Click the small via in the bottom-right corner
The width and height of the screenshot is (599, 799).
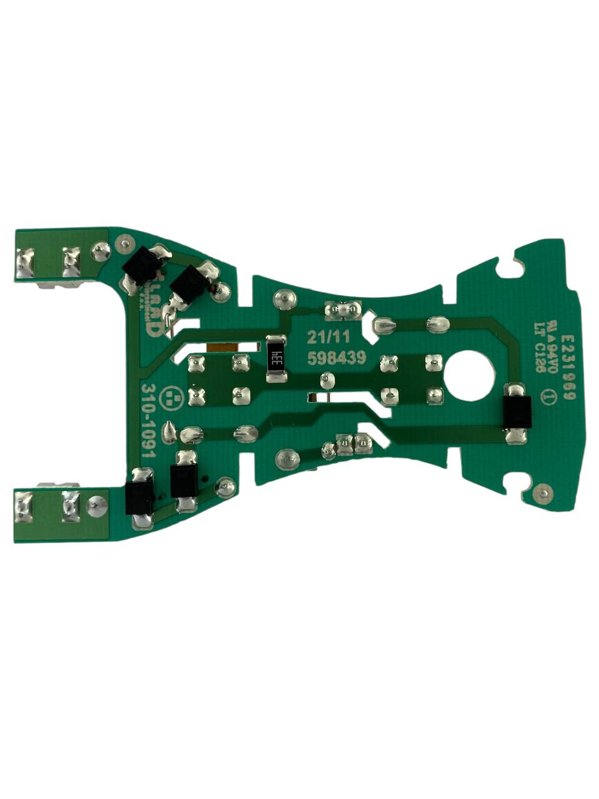(545, 495)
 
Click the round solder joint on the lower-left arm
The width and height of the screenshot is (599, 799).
(95, 504)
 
